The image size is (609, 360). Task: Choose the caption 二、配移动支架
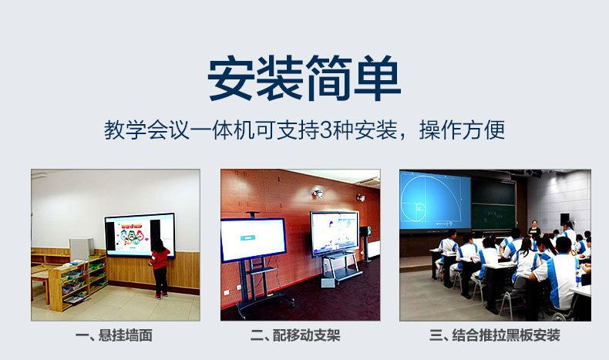point(300,335)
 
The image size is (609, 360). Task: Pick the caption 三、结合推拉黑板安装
point(494,335)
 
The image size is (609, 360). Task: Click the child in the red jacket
point(160,267)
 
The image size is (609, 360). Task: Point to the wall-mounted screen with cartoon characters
point(139,234)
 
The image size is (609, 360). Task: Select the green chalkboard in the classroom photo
point(493,204)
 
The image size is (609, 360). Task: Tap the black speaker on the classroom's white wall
point(564,220)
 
